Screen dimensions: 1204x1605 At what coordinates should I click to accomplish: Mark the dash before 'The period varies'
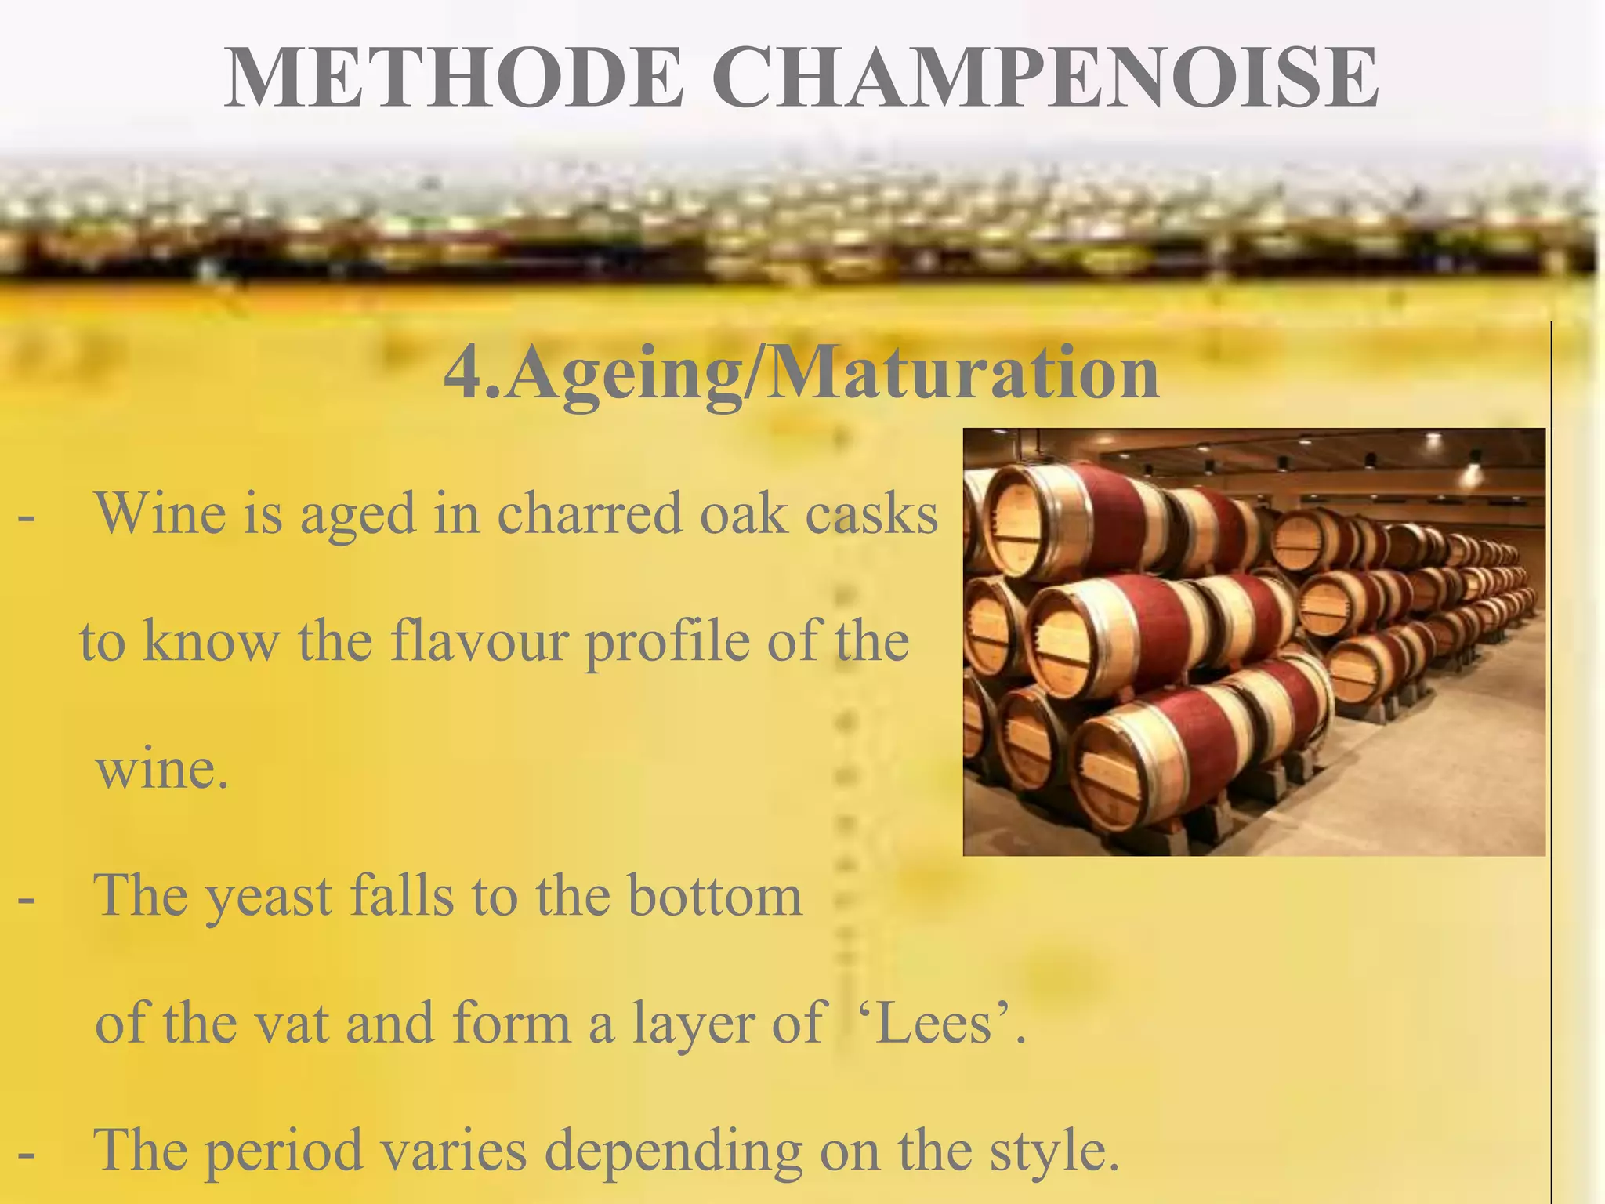pyautogui.click(x=26, y=1155)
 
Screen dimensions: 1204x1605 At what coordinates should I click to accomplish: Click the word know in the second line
pyautogui.click(x=210, y=641)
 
